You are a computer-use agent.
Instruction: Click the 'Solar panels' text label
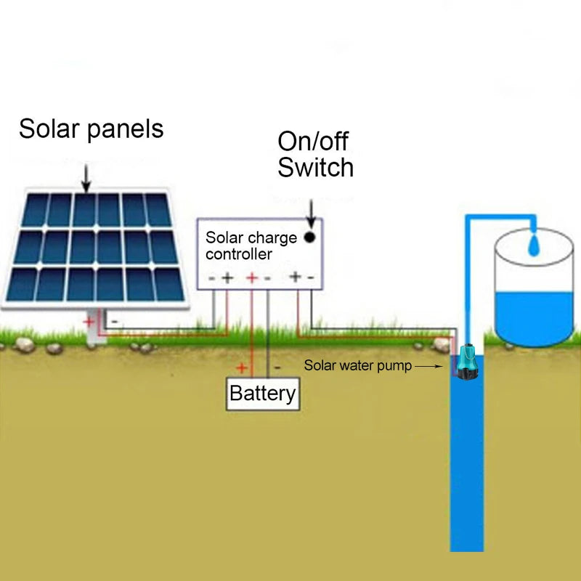click(91, 129)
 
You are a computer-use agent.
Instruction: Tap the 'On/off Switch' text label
click(315, 154)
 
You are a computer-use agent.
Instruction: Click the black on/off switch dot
click(310, 237)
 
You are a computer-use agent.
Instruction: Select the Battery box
click(262, 394)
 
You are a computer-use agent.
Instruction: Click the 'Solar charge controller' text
click(251, 245)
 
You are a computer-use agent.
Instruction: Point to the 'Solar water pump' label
click(357, 366)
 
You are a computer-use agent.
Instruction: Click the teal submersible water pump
click(465, 362)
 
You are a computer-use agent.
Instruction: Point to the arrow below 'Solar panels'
click(86, 177)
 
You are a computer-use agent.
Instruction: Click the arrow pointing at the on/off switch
click(311, 212)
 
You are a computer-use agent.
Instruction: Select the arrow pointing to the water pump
click(428, 367)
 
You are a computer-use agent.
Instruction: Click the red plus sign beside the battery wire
click(242, 367)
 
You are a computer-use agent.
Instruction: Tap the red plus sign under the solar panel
click(89, 321)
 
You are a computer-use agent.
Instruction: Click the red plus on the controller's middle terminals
click(252, 277)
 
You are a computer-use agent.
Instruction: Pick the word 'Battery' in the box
click(262, 394)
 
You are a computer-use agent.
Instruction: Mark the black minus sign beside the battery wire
click(277, 367)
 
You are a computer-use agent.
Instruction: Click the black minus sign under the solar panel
click(114, 321)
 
